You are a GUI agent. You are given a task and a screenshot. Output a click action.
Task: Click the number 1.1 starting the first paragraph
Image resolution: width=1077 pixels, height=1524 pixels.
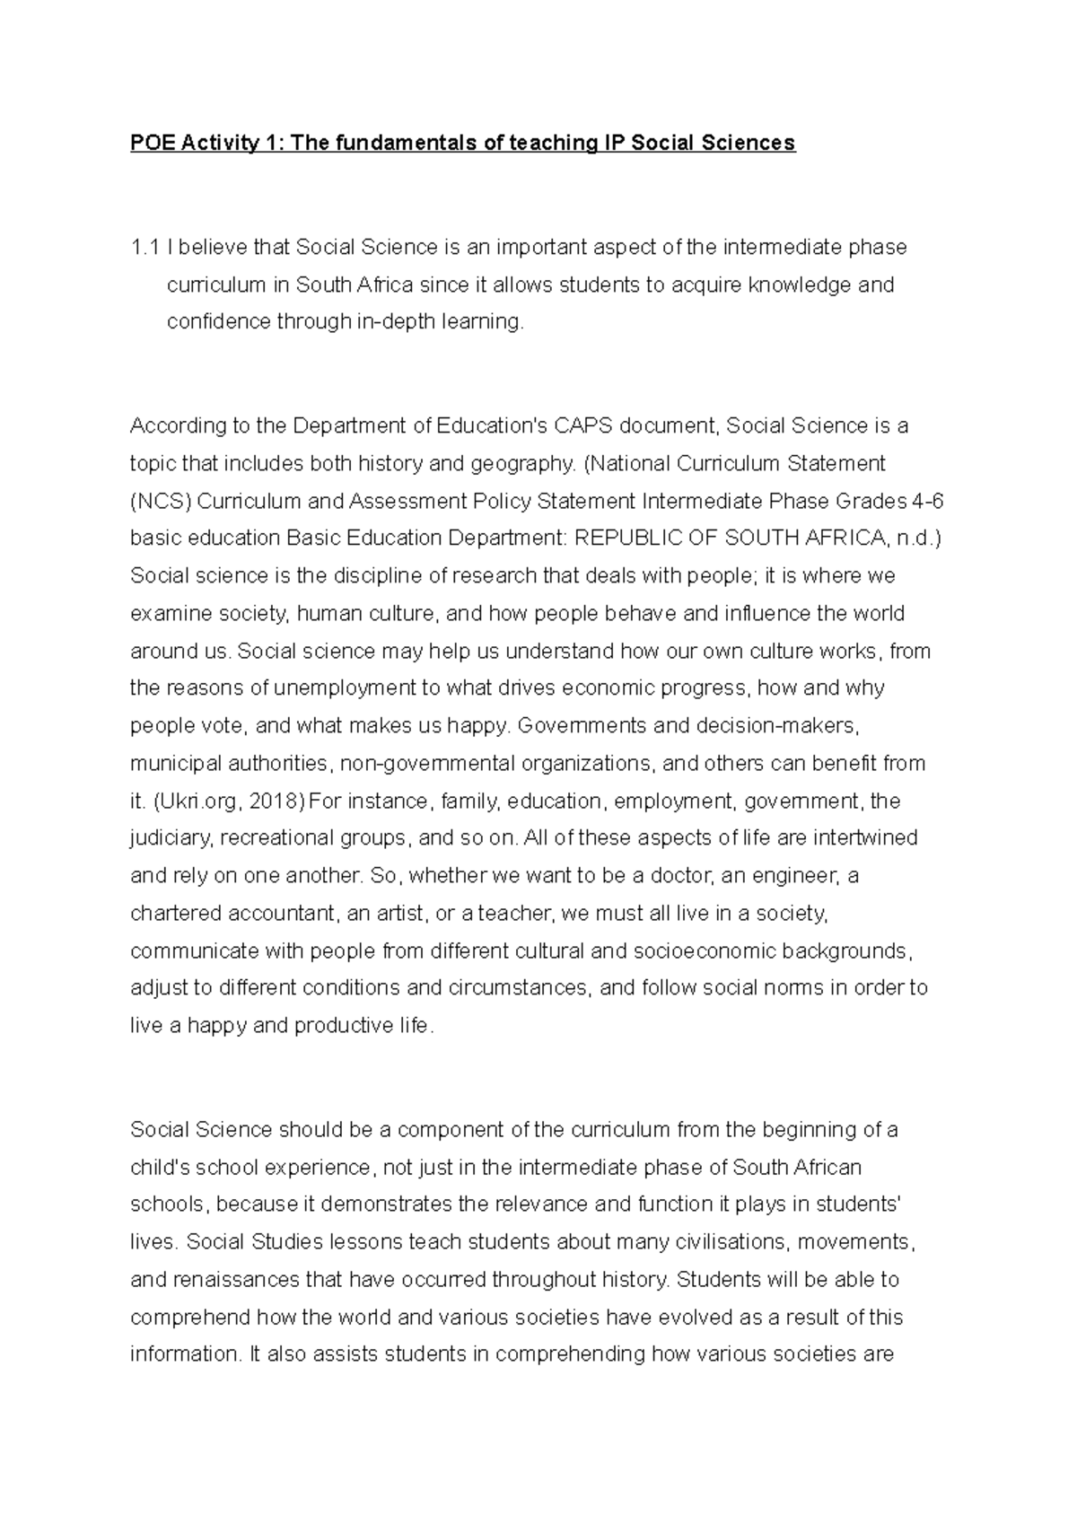144,248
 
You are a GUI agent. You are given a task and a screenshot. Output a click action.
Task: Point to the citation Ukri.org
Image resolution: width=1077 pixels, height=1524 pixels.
195,801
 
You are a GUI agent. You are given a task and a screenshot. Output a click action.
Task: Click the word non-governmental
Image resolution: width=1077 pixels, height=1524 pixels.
428,764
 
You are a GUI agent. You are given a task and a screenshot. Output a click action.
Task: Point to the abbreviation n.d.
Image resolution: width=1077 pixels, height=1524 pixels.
916,539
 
